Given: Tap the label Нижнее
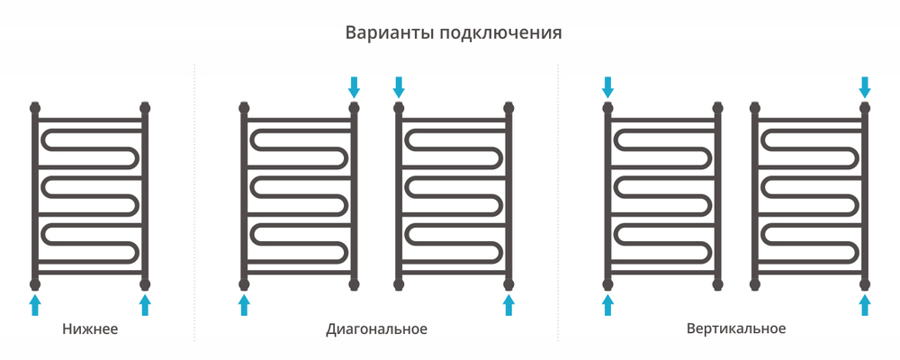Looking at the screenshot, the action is (90, 328).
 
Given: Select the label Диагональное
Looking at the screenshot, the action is (376, 328).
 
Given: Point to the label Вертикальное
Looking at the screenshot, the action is (735, 328).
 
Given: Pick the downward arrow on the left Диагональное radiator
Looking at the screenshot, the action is (354, 87).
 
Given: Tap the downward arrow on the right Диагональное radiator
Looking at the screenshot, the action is (399, 87).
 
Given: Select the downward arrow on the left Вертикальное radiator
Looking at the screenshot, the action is (608, 87).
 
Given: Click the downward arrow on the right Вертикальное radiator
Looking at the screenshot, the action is (865, 87).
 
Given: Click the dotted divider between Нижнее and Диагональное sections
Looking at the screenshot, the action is (195, 202).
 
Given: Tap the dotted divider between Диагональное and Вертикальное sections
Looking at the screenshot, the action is (559, 202).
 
